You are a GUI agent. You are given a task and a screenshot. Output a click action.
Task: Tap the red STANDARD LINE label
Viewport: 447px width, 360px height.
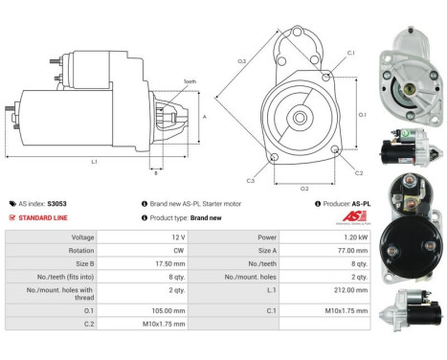point(43,217)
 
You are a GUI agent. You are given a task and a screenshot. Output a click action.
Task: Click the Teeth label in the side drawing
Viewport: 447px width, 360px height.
point(189,82)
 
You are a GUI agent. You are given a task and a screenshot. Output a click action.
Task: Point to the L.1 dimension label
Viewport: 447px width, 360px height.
point(94,162)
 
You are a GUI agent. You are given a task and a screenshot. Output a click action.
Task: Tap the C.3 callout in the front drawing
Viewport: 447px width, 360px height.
point(250,180)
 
